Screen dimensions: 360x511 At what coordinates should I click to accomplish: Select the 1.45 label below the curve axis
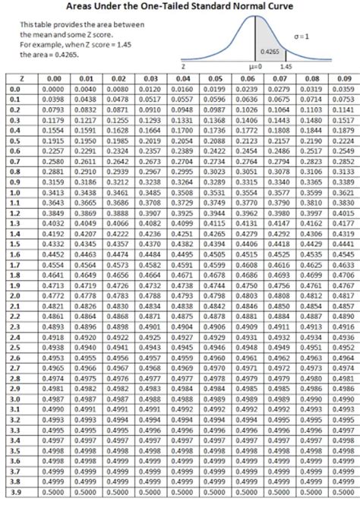click(x=285, y=67)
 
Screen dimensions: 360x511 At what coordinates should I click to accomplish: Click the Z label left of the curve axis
click(x=185, y=67)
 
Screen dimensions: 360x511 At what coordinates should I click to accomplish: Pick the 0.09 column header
click(x=344, y=77)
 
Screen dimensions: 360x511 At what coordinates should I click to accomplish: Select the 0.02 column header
click(x=118, y=77)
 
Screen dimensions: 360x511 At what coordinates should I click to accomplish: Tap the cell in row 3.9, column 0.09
click(x=344, y=502)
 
